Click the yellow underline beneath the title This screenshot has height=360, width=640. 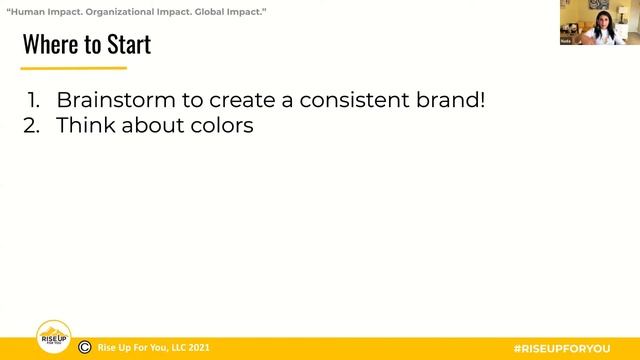(x=74, y=68)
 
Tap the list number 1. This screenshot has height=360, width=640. (x=35, y=101)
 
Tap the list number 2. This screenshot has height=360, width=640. (x=36, y=127)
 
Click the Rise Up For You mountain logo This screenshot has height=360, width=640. (x=53, y=337)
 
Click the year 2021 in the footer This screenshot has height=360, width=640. (x=199, y=348)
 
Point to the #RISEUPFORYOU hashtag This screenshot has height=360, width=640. (x=561, y=348)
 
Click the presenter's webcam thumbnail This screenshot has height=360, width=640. (x=599, y=22)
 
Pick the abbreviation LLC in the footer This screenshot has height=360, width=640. (x=173, y=348)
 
